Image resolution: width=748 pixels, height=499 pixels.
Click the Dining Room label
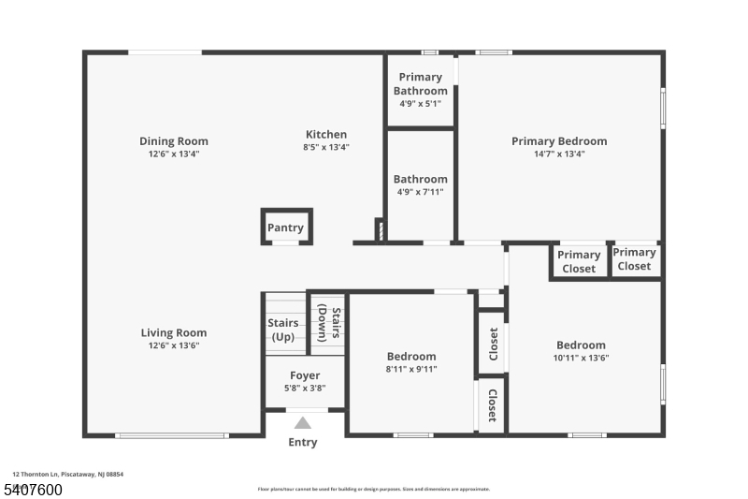tap(174, 141)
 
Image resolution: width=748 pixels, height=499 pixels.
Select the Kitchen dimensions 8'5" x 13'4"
tap(325, 147)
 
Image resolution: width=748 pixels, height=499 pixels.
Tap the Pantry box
tap(285, 227)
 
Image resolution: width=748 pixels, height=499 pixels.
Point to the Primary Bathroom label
tap(420, 83)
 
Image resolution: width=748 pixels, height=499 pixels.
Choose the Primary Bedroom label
tap(558, 141)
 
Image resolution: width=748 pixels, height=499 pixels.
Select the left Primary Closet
tap(579, 261)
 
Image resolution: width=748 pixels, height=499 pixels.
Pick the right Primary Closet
tap(634, 258)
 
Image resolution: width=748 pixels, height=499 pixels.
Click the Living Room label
tap(174, 332)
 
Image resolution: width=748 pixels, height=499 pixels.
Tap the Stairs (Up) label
tap(283, 330)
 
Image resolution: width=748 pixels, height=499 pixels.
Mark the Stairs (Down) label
tap(327, 323)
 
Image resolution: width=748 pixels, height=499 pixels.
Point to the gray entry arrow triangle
tap(303, 422)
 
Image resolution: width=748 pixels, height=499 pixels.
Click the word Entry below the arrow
tap(303, 442)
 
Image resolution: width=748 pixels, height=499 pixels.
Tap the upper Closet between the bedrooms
tap(492, 345)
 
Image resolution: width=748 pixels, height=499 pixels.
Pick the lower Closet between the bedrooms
tap(492, 404)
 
